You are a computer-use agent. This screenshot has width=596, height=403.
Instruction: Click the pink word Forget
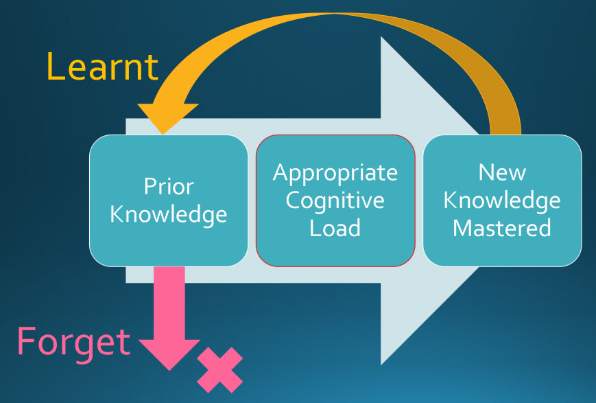73,341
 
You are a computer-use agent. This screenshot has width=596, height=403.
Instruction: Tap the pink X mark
219,369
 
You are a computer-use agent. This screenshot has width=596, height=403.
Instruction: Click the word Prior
169,186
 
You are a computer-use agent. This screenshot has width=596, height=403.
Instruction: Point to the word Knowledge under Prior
169,214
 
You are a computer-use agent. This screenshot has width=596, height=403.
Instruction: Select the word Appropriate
335,172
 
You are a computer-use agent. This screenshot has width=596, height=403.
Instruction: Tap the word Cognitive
335,200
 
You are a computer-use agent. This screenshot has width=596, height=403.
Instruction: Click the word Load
335,227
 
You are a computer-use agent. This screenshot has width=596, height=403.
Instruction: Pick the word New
502,172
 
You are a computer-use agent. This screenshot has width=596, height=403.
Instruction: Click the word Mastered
502,227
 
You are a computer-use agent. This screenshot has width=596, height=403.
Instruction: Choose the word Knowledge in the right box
502,200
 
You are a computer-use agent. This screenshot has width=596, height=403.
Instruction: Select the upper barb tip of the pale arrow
382,38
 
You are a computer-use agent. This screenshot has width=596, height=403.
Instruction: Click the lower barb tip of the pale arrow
382,363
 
